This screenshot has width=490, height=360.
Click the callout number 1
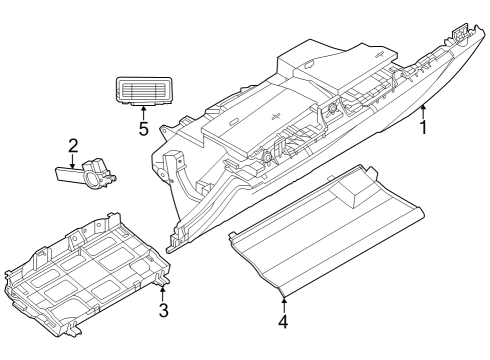tap(425, 128)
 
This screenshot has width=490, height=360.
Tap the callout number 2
tap(73, 147)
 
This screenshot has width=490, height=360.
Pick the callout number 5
tap(143, 129)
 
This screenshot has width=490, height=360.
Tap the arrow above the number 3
tap(163, 291)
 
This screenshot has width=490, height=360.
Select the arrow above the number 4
tap(283, 303)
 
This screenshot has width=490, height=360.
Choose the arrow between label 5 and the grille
tap(143, 112)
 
